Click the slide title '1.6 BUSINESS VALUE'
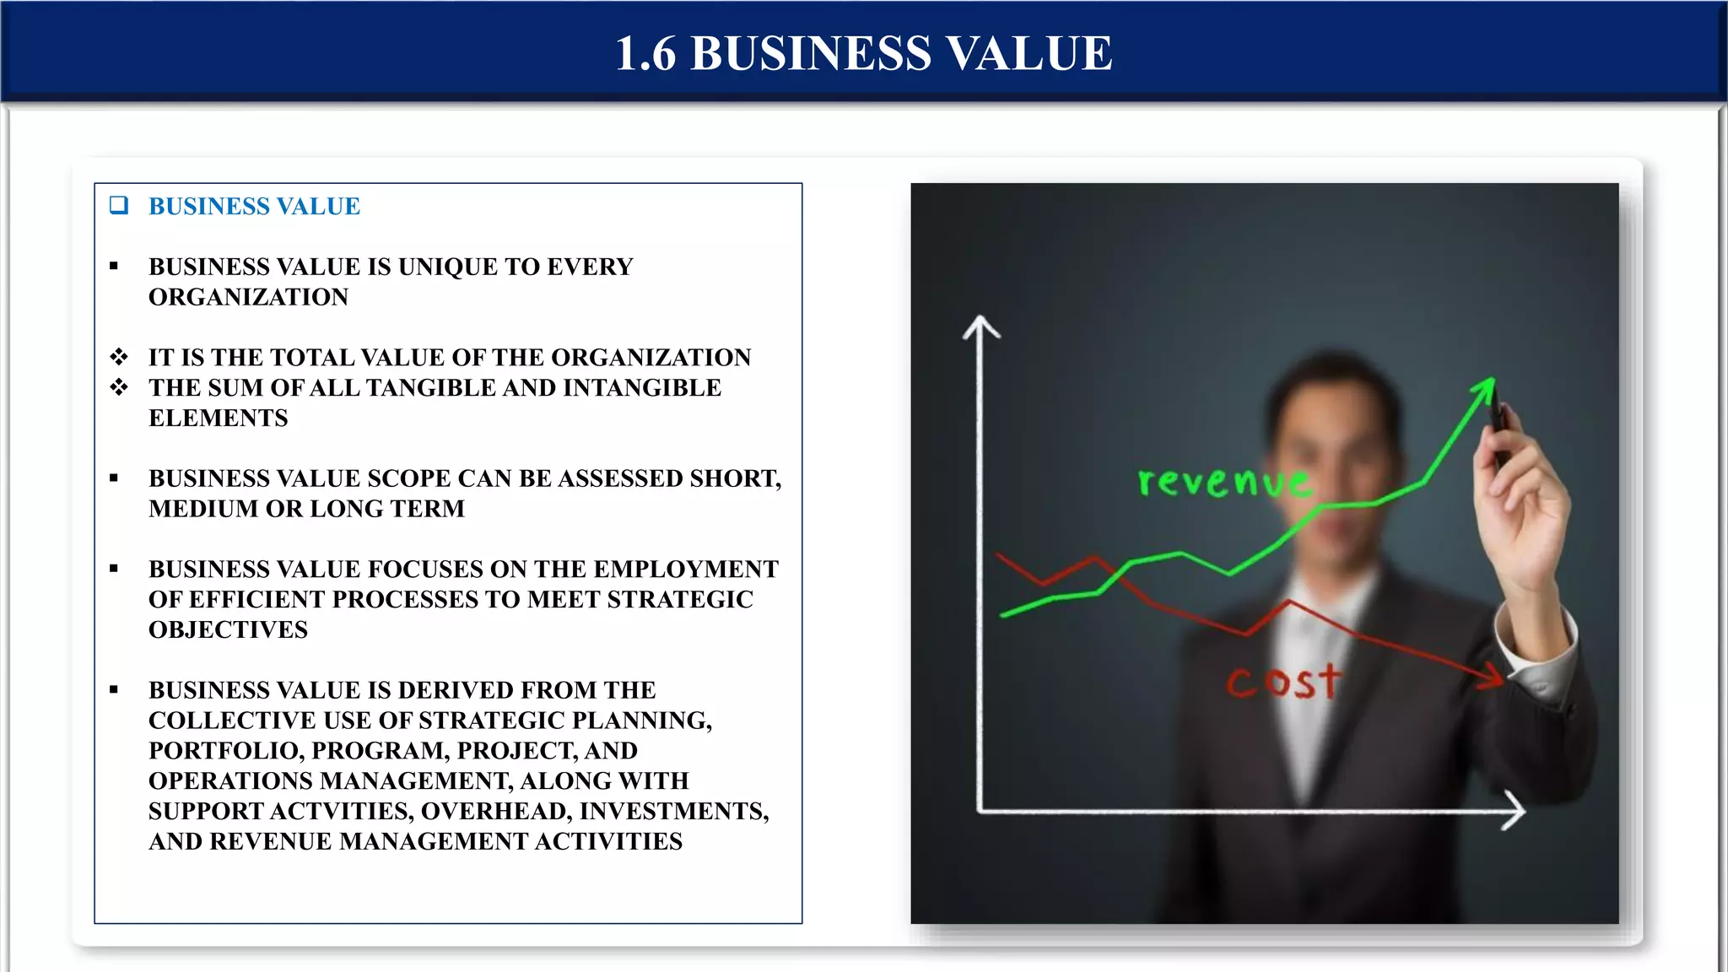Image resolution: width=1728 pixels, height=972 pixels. tap(863, 53)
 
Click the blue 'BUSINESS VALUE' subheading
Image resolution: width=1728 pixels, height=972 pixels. tap(254, 207)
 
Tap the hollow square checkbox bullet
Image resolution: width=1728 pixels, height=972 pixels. tap(119, 205)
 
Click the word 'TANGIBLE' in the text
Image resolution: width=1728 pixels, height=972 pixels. tap(430, 388)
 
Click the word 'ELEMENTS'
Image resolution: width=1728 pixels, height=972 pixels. tap(218, 418)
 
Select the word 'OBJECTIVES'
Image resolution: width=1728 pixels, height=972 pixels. tap(228, 630)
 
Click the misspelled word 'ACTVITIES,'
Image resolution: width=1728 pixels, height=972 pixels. tap(348, 812)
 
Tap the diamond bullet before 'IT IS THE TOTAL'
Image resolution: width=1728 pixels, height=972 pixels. tap(119, 357)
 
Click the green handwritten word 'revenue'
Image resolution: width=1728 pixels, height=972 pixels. tap(1223, 481)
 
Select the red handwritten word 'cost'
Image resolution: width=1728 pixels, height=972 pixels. tap(1282, 682)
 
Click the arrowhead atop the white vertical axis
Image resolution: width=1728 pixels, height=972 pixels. tap(980, 325)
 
